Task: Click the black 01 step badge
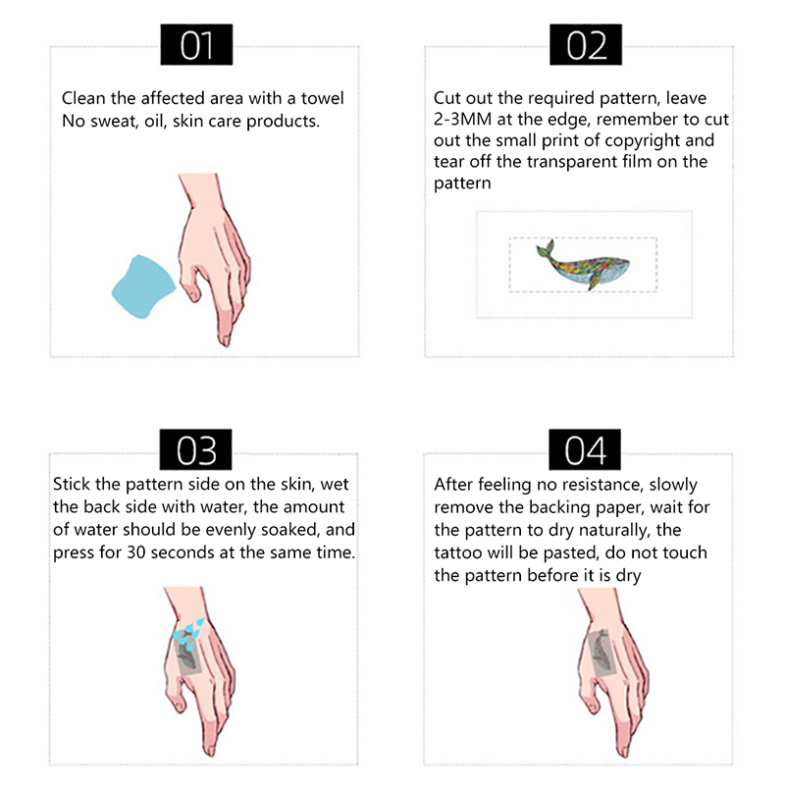(x=196, y=44)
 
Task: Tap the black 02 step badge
(x=586, y=44)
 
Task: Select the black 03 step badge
(x=195, y=449)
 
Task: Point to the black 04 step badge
(x=585, y=449)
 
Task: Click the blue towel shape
(x=142, y=288)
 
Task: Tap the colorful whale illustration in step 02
(x=582, y=264)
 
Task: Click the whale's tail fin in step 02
(x=546, y=248)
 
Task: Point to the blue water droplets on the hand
(x=188, y=630)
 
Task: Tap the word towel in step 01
(x=322, y=98)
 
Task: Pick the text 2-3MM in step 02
(x=462, y=119)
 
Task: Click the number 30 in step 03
(x=135, y=552)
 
